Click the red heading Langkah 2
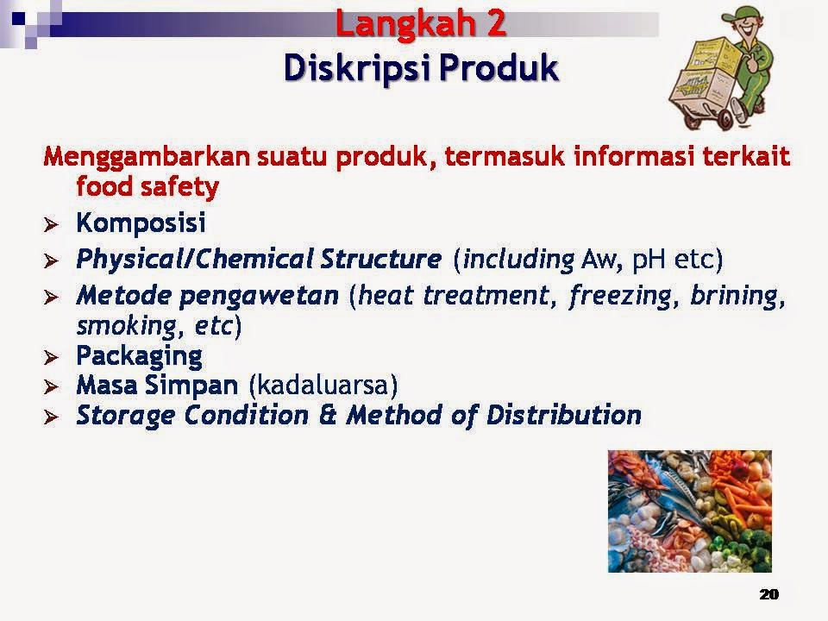420,24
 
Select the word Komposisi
141,223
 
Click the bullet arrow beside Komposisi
51,225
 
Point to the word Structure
380,259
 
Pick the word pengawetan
259,296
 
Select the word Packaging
140,357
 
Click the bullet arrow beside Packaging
51,357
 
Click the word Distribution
563,415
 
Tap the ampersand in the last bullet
328,415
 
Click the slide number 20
768,594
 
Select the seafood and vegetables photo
690,511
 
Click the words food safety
147,187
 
